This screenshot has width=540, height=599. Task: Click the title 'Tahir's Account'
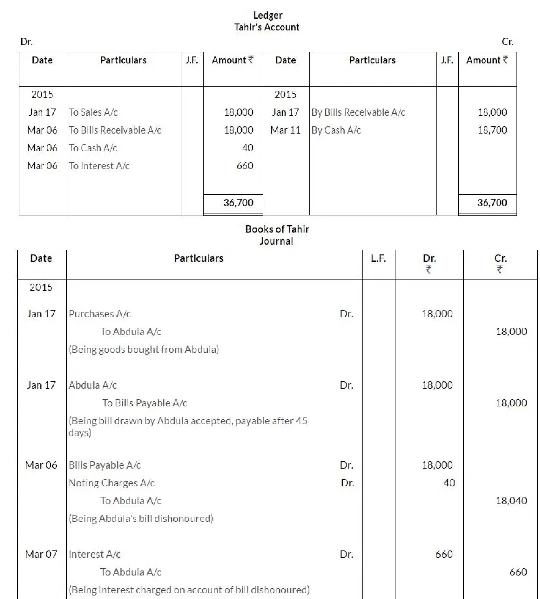click(267, 27)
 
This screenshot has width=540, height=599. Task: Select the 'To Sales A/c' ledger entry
click(93, 112)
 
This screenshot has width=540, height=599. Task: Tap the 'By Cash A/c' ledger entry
click(336, 130)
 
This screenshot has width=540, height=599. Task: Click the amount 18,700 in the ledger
click(492, 130)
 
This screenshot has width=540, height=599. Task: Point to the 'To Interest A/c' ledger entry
click(99, 166)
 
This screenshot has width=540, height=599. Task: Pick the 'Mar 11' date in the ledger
click(285, 130)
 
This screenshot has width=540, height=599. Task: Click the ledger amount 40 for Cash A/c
click(247, 148)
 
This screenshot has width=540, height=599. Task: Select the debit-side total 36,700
click(238, 203)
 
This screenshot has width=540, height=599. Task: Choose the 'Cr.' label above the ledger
click(507, 42)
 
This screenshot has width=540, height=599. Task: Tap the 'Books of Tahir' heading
click(277, 229)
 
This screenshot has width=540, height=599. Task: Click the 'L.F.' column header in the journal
click(378, 258)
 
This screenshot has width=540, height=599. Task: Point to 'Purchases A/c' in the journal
click(99, 314)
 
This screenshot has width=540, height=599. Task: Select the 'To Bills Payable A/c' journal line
click(145, 403)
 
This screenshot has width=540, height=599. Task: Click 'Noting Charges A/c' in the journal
click(111, 483)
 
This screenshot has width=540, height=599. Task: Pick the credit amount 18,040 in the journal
click(511, 501)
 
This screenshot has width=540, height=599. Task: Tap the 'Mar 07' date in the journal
click(41, 554)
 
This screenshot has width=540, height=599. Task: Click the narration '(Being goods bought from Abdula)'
click(144, 349)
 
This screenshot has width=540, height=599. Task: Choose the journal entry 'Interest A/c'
click(94, 554)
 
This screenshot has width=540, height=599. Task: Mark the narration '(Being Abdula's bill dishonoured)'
click(141, 519)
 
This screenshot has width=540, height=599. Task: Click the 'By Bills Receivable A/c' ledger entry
click(358, 112)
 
